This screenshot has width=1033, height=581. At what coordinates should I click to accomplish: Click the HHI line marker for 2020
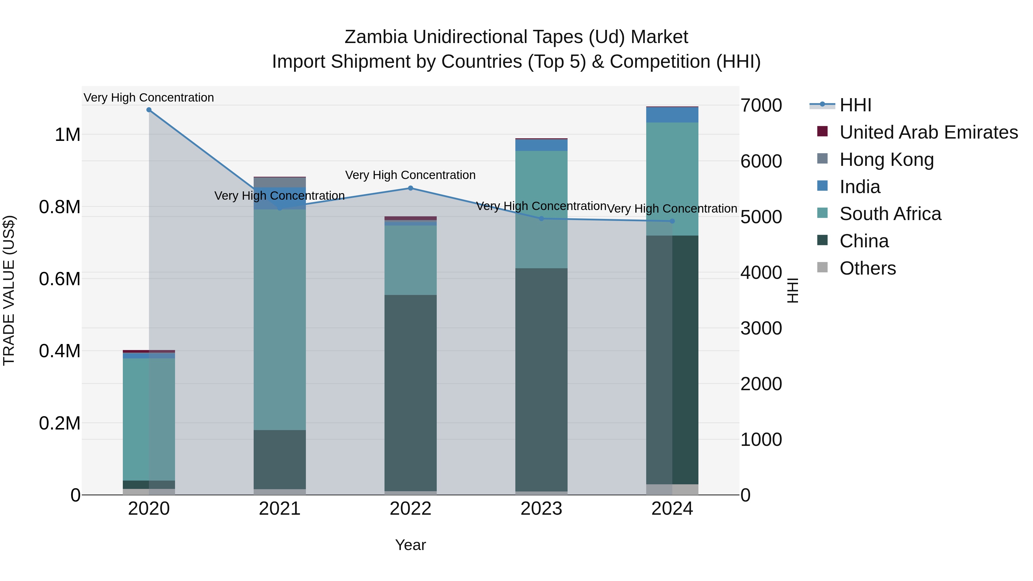(149, 110)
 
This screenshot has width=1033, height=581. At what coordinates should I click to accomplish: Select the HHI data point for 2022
(410, 188)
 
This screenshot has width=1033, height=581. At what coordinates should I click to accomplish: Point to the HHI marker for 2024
(672, 221)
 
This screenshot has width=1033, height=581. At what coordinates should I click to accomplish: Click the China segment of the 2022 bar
(410, 393)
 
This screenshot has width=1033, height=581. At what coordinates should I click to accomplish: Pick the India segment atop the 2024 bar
(672, 115)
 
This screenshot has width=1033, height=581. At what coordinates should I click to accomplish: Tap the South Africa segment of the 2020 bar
(149, 419)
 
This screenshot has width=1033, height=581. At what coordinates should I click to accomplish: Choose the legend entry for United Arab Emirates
(928, 132)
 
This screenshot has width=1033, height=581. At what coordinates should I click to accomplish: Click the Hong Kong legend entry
(886, 160)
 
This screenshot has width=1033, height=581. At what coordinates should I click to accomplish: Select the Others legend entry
(867, 268)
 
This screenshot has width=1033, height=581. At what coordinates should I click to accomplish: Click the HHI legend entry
(855, 105)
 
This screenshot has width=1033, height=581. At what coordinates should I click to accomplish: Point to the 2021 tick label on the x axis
(279, 509)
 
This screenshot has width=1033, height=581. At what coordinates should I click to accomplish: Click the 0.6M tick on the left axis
(60, 279)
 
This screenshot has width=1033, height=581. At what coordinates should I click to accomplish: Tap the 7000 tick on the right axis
(761, 106)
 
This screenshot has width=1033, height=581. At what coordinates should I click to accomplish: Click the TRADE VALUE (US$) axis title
(9, 290)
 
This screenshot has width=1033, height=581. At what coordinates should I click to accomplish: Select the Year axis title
(410, 545)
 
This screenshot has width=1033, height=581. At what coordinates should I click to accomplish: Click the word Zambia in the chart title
(376, 37)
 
